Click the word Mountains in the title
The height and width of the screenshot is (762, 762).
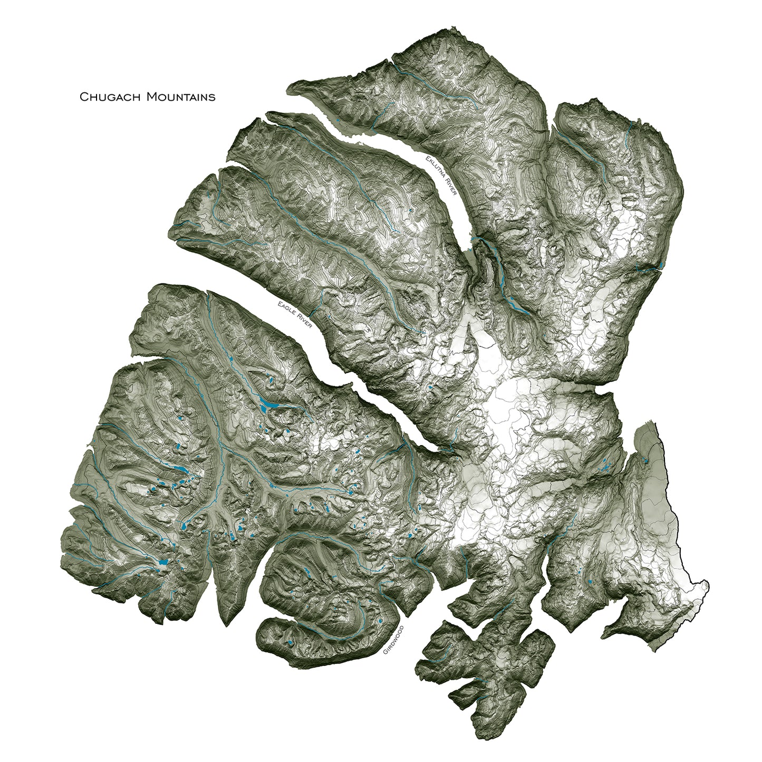[x=181, y=97]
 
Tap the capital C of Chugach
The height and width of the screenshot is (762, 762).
[x=83, y=97]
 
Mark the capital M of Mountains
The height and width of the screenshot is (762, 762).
[x=151, y=97]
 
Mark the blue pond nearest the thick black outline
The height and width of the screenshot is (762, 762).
[x=646, y=460]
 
